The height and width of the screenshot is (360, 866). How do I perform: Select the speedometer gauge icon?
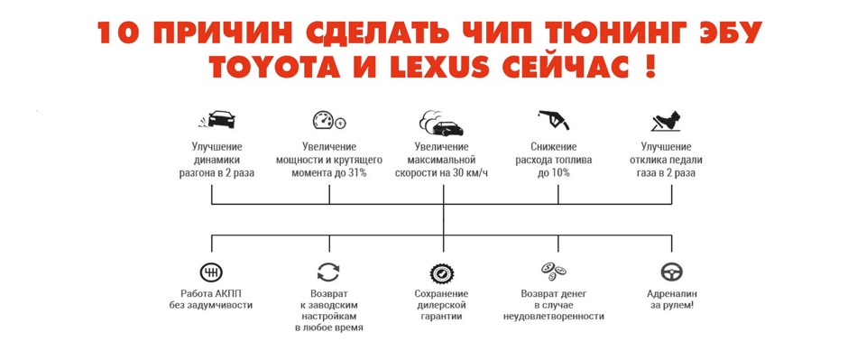coord(328,120)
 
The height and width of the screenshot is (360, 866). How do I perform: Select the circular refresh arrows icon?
coord(328,272)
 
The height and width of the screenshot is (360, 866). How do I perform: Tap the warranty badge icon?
coord(441,272)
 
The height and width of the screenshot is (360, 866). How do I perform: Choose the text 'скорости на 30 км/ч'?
coord(442,172)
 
